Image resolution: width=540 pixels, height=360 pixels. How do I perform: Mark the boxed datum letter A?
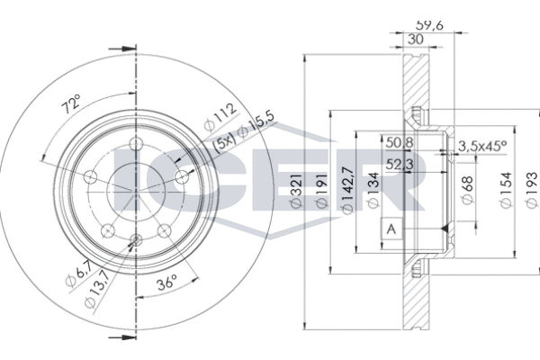tap(391, 230)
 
